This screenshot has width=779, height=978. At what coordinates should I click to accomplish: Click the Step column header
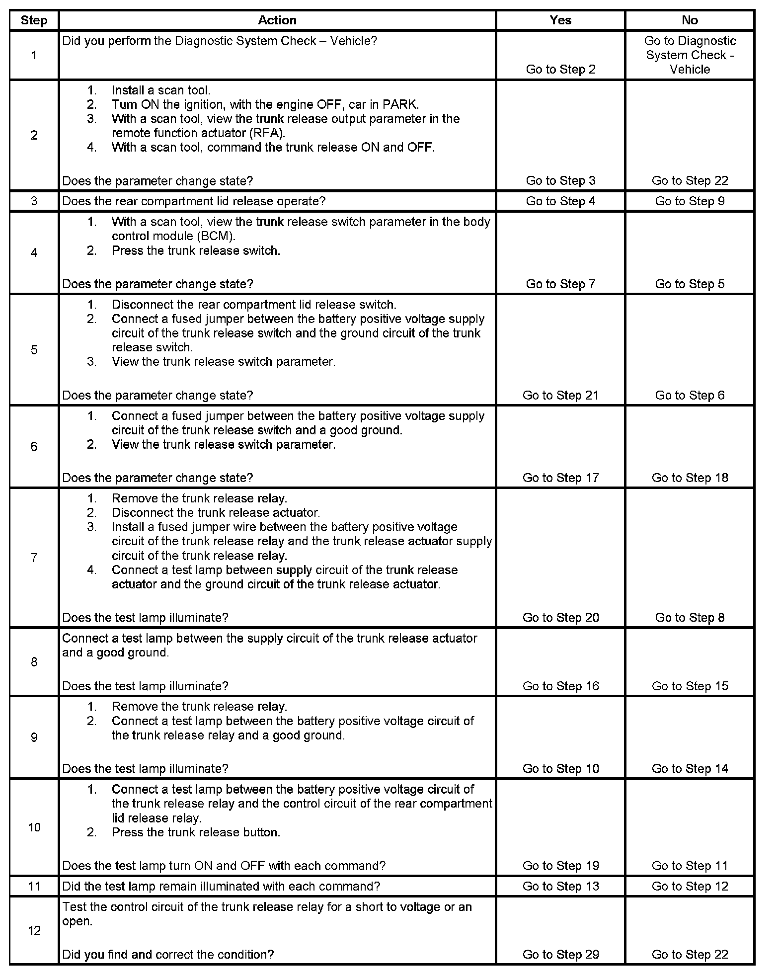pos(34,20)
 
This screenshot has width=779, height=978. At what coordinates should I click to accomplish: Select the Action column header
pos(277,20)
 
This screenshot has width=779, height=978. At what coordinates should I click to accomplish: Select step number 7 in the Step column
pos(34,558)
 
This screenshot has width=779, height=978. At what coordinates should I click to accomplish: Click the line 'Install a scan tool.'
pos(161,90)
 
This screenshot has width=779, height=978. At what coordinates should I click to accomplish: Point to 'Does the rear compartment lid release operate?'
pos(194,201)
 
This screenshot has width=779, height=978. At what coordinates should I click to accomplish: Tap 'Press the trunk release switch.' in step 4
pos(196,251)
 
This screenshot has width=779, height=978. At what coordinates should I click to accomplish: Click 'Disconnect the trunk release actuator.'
pos(216,513)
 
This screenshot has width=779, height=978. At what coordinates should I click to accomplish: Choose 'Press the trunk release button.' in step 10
pos(196,832)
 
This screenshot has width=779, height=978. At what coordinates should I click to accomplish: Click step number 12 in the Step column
pos(34,930)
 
